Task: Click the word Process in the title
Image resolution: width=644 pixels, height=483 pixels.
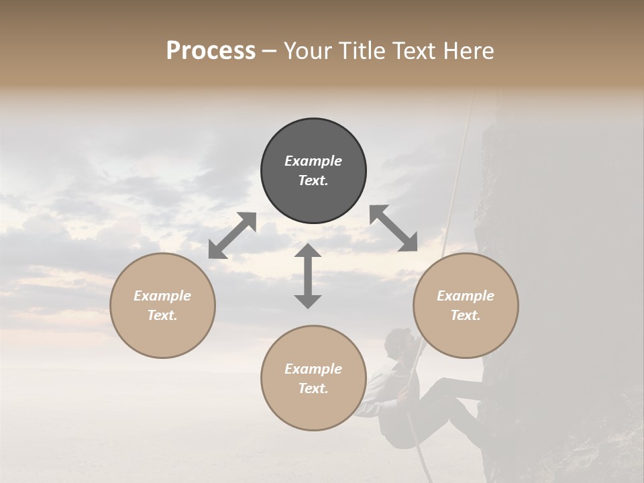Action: click(211, 51)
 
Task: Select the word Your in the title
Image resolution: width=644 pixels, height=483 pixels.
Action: click(306, 51)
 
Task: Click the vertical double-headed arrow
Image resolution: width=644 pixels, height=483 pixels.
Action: click(308, 276)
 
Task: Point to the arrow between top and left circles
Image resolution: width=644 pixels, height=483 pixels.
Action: click(233, 235)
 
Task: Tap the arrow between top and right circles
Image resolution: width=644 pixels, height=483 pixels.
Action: click(393, 228)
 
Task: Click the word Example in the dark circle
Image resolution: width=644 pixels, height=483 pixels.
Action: click(313, 161)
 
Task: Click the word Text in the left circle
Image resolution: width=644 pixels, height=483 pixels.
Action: click(162, 315)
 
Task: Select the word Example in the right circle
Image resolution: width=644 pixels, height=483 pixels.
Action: click(466, 296)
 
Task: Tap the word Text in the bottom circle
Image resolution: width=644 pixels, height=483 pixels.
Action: click(313, 388)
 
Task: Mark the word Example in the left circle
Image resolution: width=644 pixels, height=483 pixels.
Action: click(162, 296)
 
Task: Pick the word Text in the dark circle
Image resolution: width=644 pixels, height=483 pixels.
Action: click(313, 180)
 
